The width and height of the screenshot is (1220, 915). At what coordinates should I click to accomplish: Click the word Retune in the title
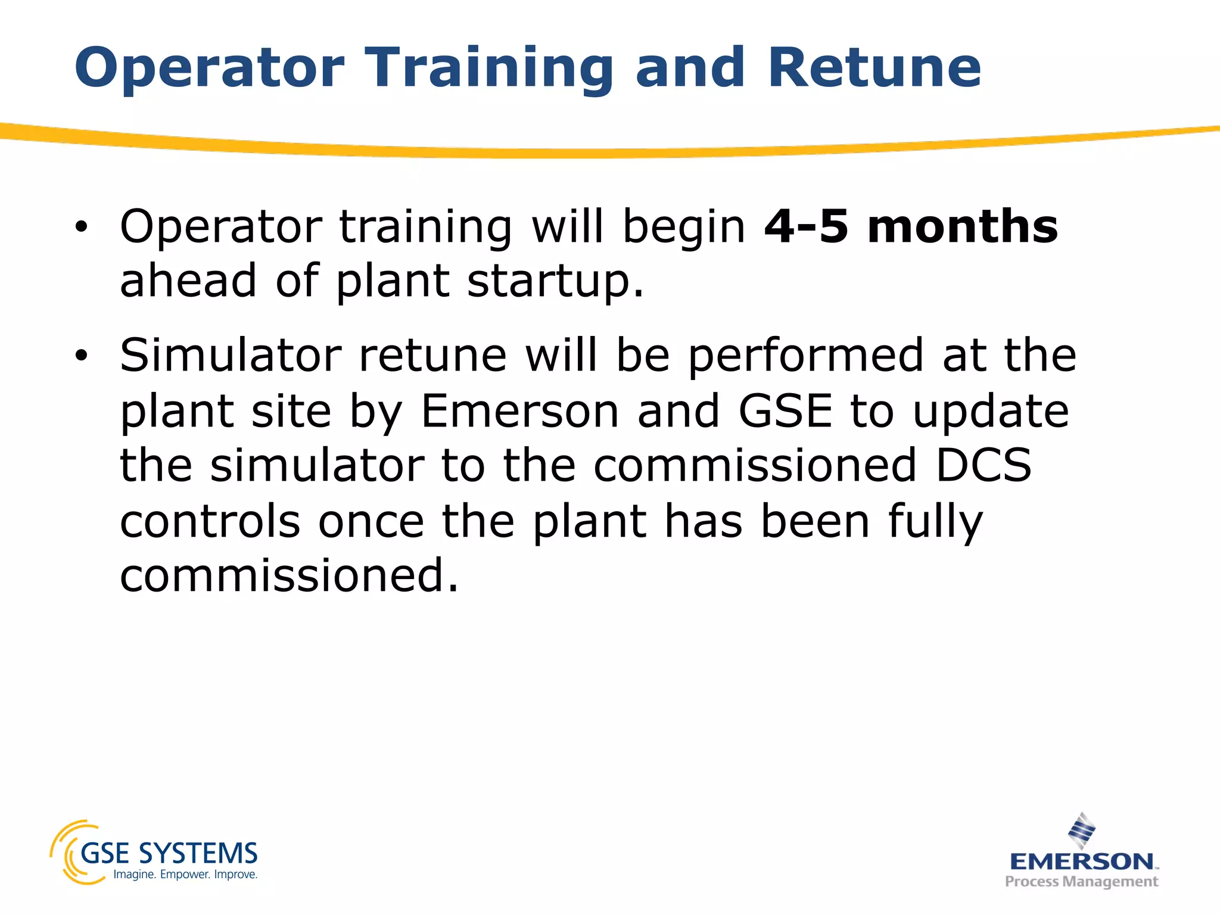(874, 68)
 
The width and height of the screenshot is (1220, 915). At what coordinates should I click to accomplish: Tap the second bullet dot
(81, 356)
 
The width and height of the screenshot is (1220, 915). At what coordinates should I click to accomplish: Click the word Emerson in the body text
(520, 412)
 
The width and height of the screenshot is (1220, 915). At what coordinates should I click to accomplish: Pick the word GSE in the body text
(785, 412)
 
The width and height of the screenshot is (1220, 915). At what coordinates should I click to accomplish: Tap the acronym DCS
(983, 466)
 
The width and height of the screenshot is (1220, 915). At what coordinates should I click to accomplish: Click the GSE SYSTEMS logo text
(169, 854)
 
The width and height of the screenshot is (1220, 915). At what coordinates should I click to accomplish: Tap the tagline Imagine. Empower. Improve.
(185, 874)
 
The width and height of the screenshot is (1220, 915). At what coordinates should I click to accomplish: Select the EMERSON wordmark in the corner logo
(1082, 861)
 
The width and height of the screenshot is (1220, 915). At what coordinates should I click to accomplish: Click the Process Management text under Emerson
(1082, 882)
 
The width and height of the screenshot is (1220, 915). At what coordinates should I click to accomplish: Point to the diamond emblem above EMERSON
(1082, 830)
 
